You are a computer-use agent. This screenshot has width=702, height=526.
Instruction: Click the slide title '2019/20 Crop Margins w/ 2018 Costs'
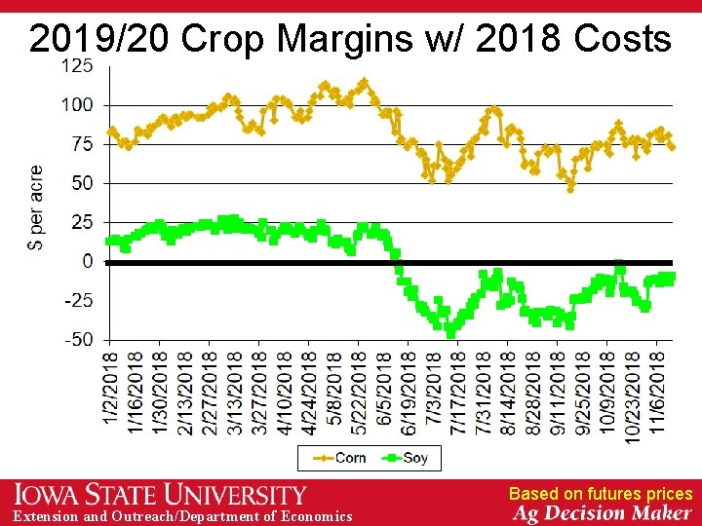pos(350,39)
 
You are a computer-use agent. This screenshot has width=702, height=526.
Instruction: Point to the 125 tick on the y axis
pos(78,66)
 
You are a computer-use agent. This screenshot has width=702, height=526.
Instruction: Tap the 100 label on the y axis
pos(78,105)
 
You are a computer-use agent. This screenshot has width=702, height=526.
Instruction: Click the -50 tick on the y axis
pos(78,340)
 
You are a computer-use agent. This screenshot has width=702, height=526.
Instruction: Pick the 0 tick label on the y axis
pos(88,262)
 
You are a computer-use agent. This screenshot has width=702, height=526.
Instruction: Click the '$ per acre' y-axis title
pos(37,207)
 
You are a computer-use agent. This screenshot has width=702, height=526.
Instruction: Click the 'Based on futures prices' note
pos(600,494)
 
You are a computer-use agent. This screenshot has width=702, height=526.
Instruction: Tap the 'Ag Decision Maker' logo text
pos(603,513)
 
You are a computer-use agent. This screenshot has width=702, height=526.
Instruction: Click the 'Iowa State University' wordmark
pos(161,494)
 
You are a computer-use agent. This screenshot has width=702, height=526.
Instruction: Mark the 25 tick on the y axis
pos(83,222)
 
